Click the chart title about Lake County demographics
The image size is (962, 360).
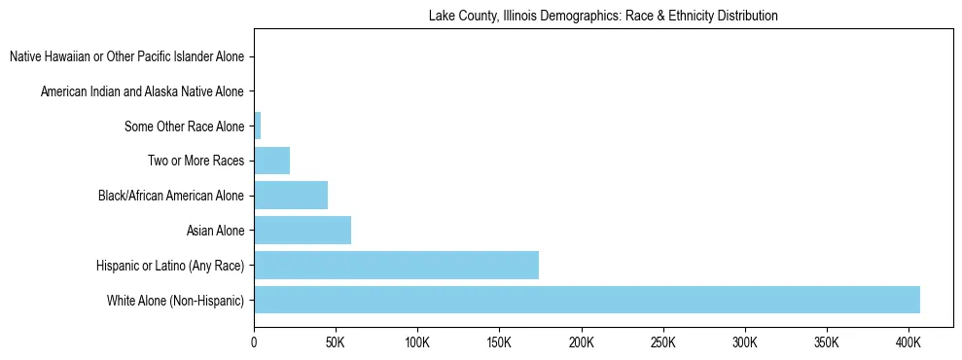coord(602,16)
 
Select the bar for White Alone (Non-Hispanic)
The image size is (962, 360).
coord(587,300)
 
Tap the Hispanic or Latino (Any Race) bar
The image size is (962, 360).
coord(396,265)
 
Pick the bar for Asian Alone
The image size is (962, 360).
coord(303,231)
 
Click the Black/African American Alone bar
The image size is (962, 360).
coord(291,196)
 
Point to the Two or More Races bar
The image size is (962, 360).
coord(271,161)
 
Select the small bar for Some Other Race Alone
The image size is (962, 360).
coord(258,126)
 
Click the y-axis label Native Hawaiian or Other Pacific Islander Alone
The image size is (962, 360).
coord(126,57)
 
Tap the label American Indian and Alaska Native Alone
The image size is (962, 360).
coord(142,91)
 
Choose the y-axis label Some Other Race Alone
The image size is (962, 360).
coord(185,126)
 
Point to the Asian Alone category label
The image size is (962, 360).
coord(215,231)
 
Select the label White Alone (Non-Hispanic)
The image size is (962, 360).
coord(176,301)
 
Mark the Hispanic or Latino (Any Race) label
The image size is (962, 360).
coord(170,266)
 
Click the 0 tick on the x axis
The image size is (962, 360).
coord(254,342)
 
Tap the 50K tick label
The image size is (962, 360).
coord(336,342)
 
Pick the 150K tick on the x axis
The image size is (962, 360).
coord(499,342)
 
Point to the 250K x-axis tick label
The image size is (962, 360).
coord(662,342)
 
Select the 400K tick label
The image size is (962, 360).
coord(908,342)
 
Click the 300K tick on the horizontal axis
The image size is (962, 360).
coord(744,342)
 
